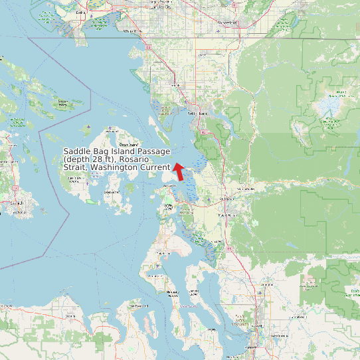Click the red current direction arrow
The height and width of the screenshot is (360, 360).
tap(178, 171)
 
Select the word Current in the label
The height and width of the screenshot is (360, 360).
tap(154, 167)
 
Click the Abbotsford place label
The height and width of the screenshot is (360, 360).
tap(227, 23)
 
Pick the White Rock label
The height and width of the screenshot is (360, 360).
tap(133, 31)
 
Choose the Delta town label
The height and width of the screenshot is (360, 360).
tap(81, 12)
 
